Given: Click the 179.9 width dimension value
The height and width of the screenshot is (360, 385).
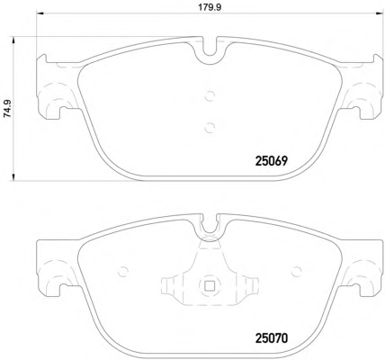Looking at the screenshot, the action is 210,7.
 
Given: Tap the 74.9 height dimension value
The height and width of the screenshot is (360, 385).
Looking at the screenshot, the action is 7,108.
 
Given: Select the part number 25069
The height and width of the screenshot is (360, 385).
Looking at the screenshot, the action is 272,161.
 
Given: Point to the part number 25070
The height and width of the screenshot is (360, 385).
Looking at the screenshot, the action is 272,338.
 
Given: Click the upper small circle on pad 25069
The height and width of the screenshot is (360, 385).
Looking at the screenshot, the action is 210,96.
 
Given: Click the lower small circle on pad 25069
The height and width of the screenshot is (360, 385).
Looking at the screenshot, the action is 210,128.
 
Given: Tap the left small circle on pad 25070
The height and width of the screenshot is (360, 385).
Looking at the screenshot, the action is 123,272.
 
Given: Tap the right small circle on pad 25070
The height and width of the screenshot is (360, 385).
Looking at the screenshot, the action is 297,272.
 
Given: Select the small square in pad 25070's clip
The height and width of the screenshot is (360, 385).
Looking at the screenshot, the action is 210,285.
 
